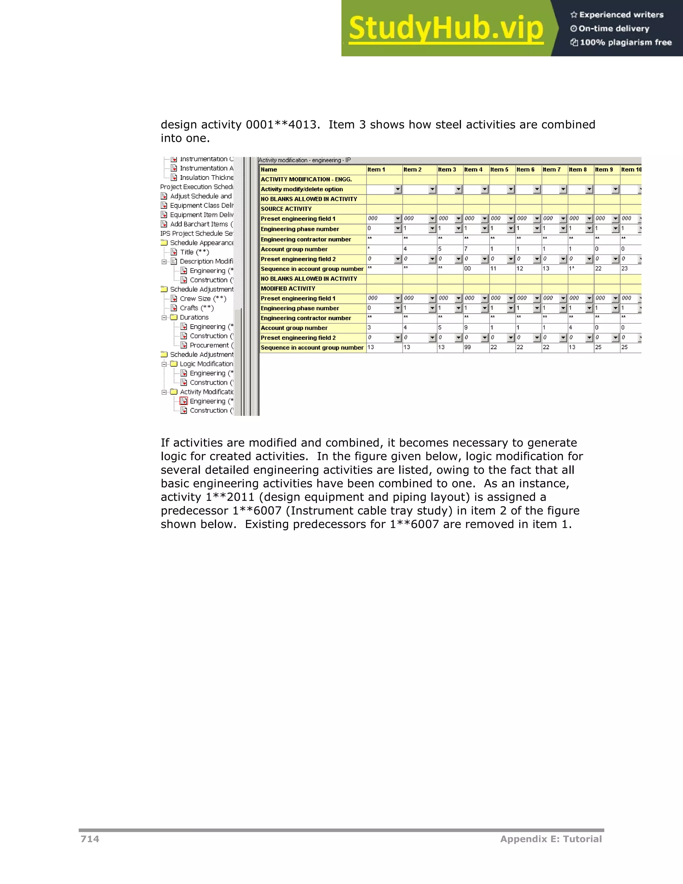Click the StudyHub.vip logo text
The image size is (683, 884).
click(446, 29)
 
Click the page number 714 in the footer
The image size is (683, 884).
click(90, 839)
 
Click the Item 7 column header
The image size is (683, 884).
click(552, 169)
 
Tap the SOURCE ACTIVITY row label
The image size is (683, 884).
click(286, 209)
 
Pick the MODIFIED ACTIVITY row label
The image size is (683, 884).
click(288, 289)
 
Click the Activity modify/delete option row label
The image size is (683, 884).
click(301, 189)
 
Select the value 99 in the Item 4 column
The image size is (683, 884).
click(468, 347)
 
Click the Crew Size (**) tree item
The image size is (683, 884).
click(203, 299)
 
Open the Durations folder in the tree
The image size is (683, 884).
click(194, 317)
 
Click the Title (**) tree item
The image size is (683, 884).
click(194, 252)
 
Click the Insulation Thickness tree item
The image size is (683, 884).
click(206, 178)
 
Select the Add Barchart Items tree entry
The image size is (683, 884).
click(201, 224)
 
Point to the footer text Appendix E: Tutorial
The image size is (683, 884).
click(551, 839)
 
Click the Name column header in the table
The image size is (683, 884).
click(269, 169)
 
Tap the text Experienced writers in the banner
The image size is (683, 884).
click(621, 15)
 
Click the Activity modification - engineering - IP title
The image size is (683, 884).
click(304, 160)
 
